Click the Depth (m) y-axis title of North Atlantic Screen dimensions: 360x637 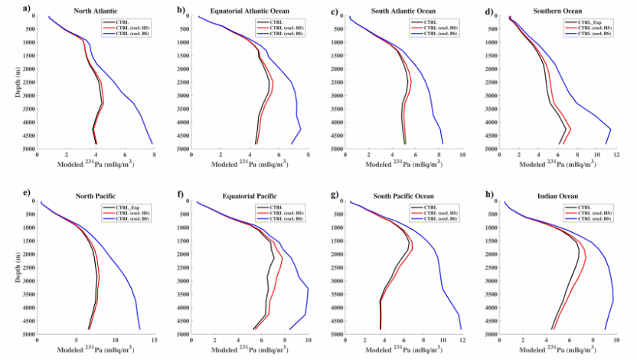17,82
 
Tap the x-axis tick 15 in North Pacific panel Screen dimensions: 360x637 154,340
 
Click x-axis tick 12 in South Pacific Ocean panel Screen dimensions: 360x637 462,340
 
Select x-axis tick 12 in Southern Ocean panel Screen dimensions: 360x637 617,155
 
